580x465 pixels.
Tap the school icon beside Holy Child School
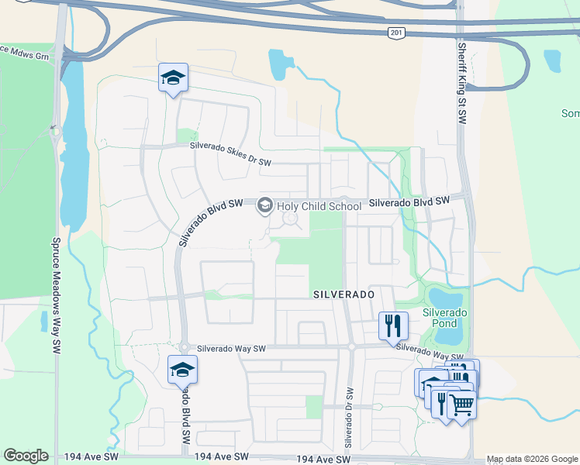click(x=265, y=205)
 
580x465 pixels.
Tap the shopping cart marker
click(x=461, y=403)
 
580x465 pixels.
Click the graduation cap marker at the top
click(x=173, y=77)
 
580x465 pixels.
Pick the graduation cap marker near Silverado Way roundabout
click(x=182, y=369)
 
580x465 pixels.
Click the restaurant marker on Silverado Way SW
click(x=393, y=325)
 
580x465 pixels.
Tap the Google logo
click(x=26, y=456)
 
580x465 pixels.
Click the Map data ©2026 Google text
click(x=532, y=460)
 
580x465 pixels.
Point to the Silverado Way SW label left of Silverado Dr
click(x=231, y=349)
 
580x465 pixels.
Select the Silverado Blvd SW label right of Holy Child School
click(x=409, y=201)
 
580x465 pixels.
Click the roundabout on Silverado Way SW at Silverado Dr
click(x=350, y=347)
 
